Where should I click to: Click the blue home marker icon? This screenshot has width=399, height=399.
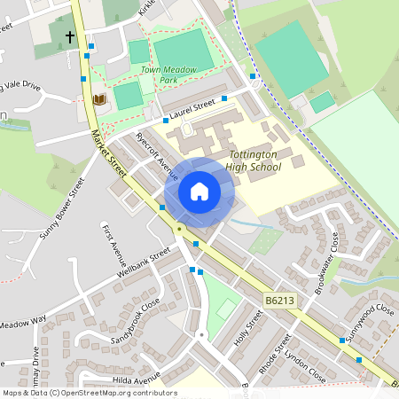199,192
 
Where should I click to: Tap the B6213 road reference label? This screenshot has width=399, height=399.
278,302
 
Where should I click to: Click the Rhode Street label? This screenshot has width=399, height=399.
277,355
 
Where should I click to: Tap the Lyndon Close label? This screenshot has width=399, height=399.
306,365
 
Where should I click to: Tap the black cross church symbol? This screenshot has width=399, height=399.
70,37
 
